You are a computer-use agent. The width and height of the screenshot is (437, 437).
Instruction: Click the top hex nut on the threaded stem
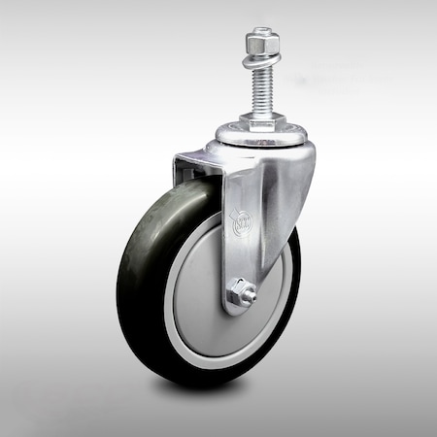(261, 44)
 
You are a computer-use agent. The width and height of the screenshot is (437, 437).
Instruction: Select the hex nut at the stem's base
(262, 119)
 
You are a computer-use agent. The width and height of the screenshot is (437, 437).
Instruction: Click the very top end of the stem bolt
(261, 30)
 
